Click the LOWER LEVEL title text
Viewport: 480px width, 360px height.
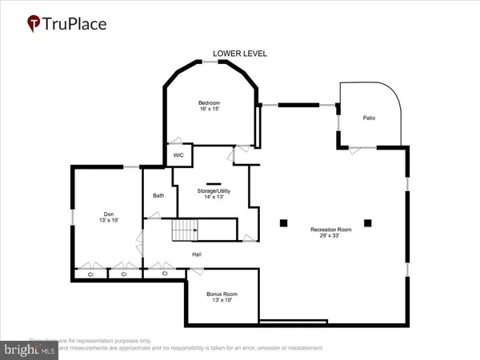pyautogui.click(x=240, y=54)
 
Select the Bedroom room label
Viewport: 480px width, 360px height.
pyautogui.click(x=210, y=103)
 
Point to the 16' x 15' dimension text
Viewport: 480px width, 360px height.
pyautogui.click(x=210, y=110)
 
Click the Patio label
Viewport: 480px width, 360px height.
pyautogui.click(x=368, y=118)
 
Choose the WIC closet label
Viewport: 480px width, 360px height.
pyautogui.click(x=178, y=156)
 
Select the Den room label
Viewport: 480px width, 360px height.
pyautogui.click(x=109, y=214)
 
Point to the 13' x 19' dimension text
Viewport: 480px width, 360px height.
pyautogui.click(x=109, y=221)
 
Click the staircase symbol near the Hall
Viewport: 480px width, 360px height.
pyautogui.click(x=185, y=232)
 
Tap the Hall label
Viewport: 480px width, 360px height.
pyautogui.click(x=196, y=254)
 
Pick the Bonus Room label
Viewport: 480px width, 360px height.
pyautogui.click(x=223, y=294)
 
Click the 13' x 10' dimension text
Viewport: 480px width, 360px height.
pyautogui.click(x=223, y=301)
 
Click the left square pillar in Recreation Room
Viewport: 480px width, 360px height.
pyautogui.click(x=283, y=222)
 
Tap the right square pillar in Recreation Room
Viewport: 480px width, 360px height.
pyautogui.click(x=367, y=222)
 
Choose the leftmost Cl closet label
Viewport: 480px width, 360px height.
pyautogui.click(x=87, y=274)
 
